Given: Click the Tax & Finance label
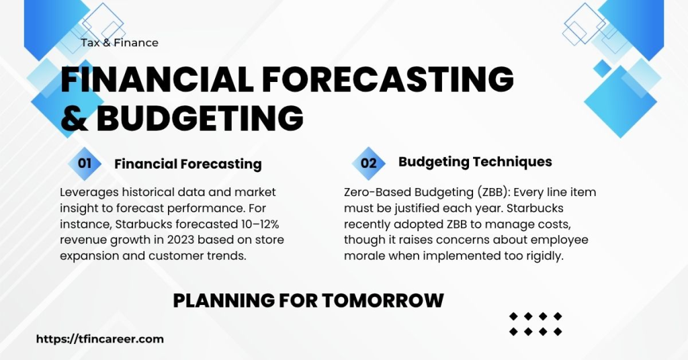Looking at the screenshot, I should coord(120,42).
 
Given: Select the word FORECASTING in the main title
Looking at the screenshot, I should coord(388,80).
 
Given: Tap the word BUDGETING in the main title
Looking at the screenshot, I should coord(200,118).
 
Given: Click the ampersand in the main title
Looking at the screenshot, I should coord(75,118).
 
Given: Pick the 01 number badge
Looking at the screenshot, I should coord(85,163).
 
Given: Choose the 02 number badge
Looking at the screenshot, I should coord(369,163).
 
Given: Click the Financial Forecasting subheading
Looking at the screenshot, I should coord(187,164).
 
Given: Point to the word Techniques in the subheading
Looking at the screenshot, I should coord(513,162).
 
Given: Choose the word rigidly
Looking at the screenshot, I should coord(542,256).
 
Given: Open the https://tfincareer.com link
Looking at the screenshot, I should coord(99,339).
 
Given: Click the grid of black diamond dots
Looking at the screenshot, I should coord(535,324).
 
